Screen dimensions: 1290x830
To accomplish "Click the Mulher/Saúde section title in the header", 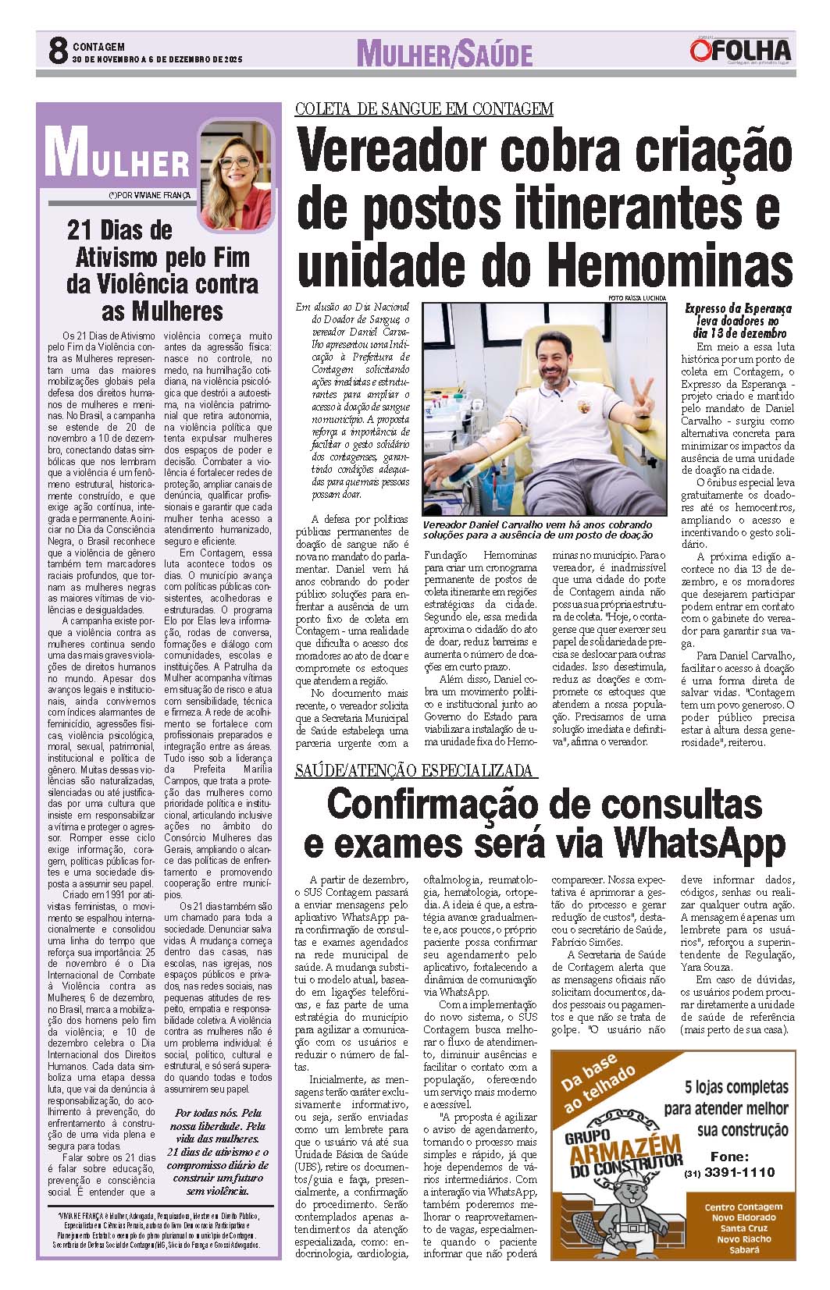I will pos(444,54).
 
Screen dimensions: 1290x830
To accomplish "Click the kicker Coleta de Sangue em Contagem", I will pos(424,109).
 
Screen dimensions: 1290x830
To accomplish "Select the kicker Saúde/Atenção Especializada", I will pos(416,771).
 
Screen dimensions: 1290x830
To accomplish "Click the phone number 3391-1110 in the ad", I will pos(739,1173).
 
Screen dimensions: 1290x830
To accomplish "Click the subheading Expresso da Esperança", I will pos(737,309).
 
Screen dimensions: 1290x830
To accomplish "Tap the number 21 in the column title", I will pos(81,230).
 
